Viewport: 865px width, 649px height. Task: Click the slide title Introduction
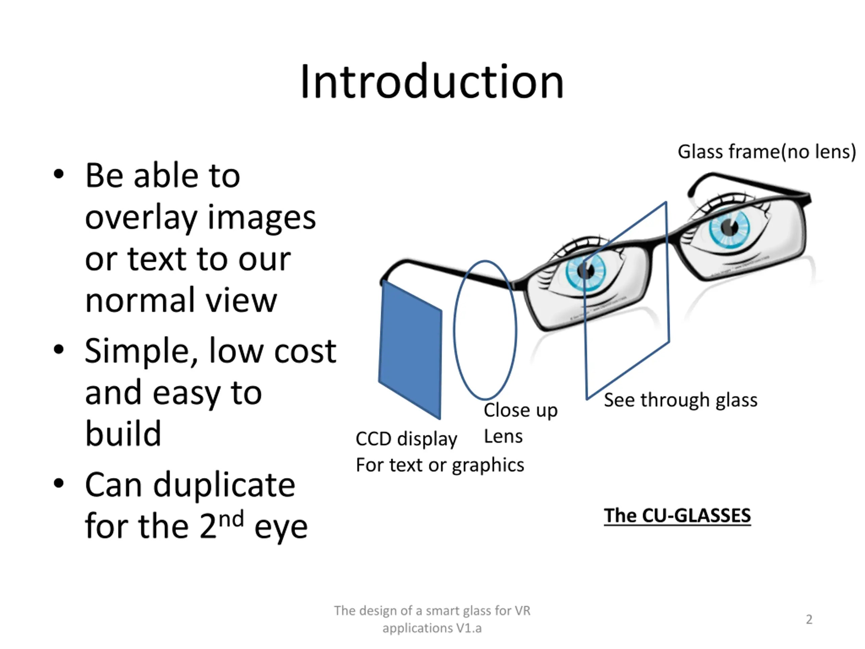[432, 82]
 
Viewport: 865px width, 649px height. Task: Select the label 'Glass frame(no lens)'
[766, 152]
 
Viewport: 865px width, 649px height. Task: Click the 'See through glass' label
[681, 400]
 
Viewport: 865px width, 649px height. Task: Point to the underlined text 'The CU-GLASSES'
[677, 515]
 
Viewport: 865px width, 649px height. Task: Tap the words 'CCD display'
[406, 439]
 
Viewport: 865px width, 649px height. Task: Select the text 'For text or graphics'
[440, 465]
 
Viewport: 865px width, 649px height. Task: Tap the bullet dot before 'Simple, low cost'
[59, 349]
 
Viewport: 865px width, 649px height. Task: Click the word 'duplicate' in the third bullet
[224, 485]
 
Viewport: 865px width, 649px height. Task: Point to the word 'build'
[123, 433]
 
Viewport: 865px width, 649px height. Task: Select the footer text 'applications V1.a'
[432, 628]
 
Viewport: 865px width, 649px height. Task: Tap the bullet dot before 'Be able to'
[59, 174]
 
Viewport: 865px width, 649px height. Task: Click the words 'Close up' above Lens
[520, 410]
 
